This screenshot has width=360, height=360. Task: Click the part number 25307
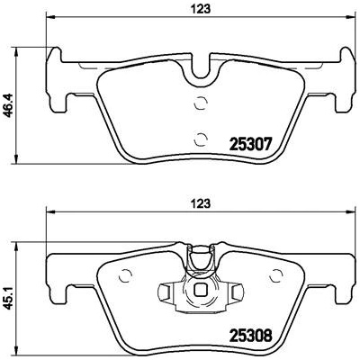[x=250, y=145]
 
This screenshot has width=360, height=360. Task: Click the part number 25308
[x=250, y=336]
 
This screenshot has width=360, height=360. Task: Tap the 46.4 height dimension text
[x=10, y=104]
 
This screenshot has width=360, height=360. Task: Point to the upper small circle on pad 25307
[x=201, y=103]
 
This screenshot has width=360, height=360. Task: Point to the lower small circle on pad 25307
[x=201, y=139]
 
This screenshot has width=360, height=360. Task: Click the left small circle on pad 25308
[x=125, y=275]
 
